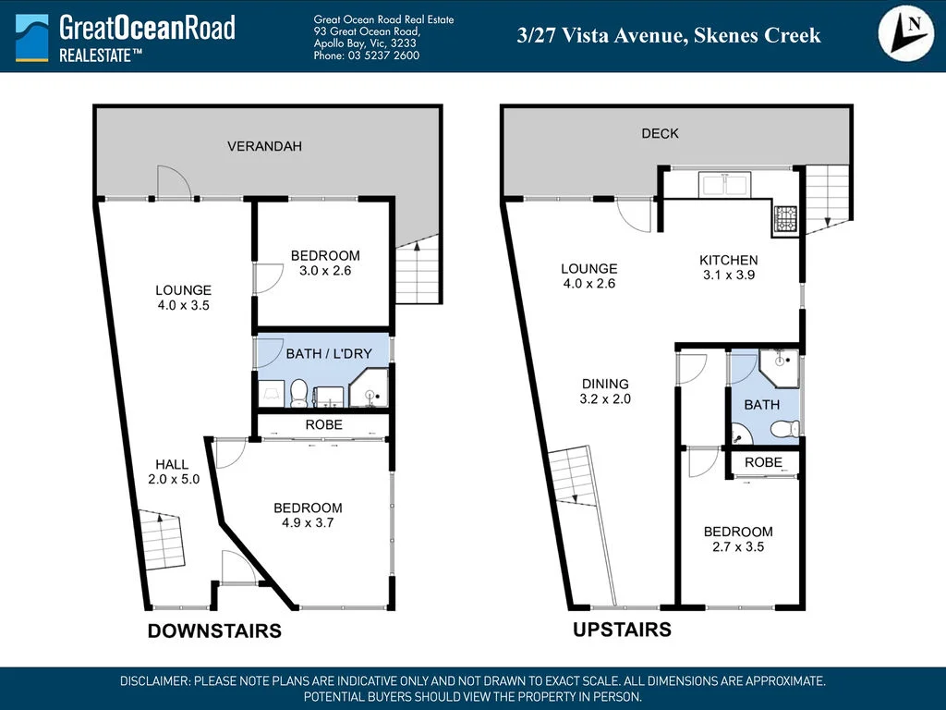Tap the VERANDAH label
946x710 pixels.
[x=265, y=146]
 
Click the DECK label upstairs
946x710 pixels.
[x=660, y=133]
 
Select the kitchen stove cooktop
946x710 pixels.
[x=784, y=219]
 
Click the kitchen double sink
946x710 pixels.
[x=725, y=185]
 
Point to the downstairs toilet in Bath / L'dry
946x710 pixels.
[x=298, y=395]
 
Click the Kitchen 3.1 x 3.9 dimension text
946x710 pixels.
[x=728, y=275]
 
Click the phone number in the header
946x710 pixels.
[x=367, y=55]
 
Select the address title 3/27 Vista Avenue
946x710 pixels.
[x=668, y=36]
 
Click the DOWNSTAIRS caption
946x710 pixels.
[x=214, y=631]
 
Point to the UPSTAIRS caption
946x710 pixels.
[x=622, y=630]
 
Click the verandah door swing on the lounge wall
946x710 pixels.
[x=173, y=182]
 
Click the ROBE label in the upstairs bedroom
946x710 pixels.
[x=763, y=462]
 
